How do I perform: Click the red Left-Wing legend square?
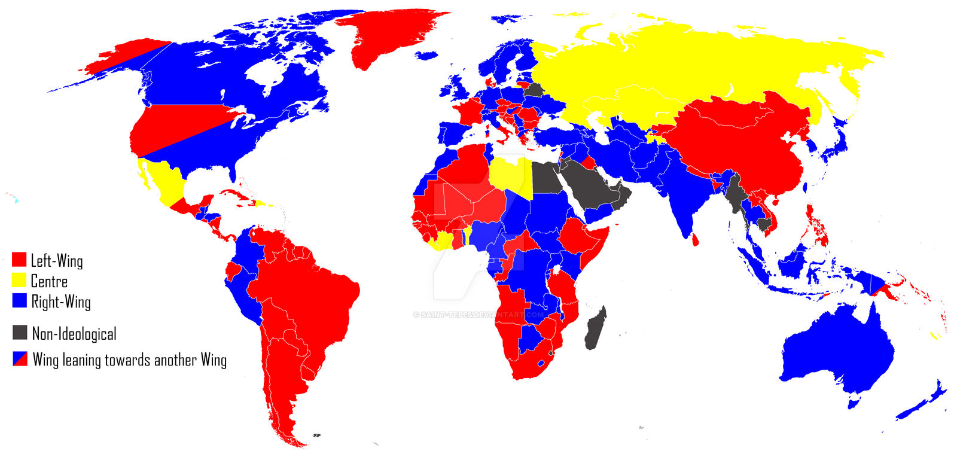pyautogui.click(x=19, y=260)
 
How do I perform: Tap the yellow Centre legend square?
pyautogui.click(x=19, y=280)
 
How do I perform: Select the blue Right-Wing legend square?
pyautogui.click(x=19, y=300)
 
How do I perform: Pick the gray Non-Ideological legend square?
pyautogui.click(x=20, y=333)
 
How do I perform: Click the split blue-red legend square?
pyautogui.click(x=20, y=359)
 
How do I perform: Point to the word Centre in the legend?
pyautogui.click(x=49, y=281)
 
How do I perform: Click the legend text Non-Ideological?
pyautogui.click(x=74, y=333)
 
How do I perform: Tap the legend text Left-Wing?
pyautogui.click(x=57, y=260)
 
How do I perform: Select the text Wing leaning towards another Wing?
pyautogui.click(x=129, y=359)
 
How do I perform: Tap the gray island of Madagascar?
pyautogui.click(x=595, y=329)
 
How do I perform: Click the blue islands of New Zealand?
pyautogui.click(x=924, y=401)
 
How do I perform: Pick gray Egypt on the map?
pyautogui.click(x=545, y=178)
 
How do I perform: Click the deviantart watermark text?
pyautogui.click(x=478, y=315)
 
